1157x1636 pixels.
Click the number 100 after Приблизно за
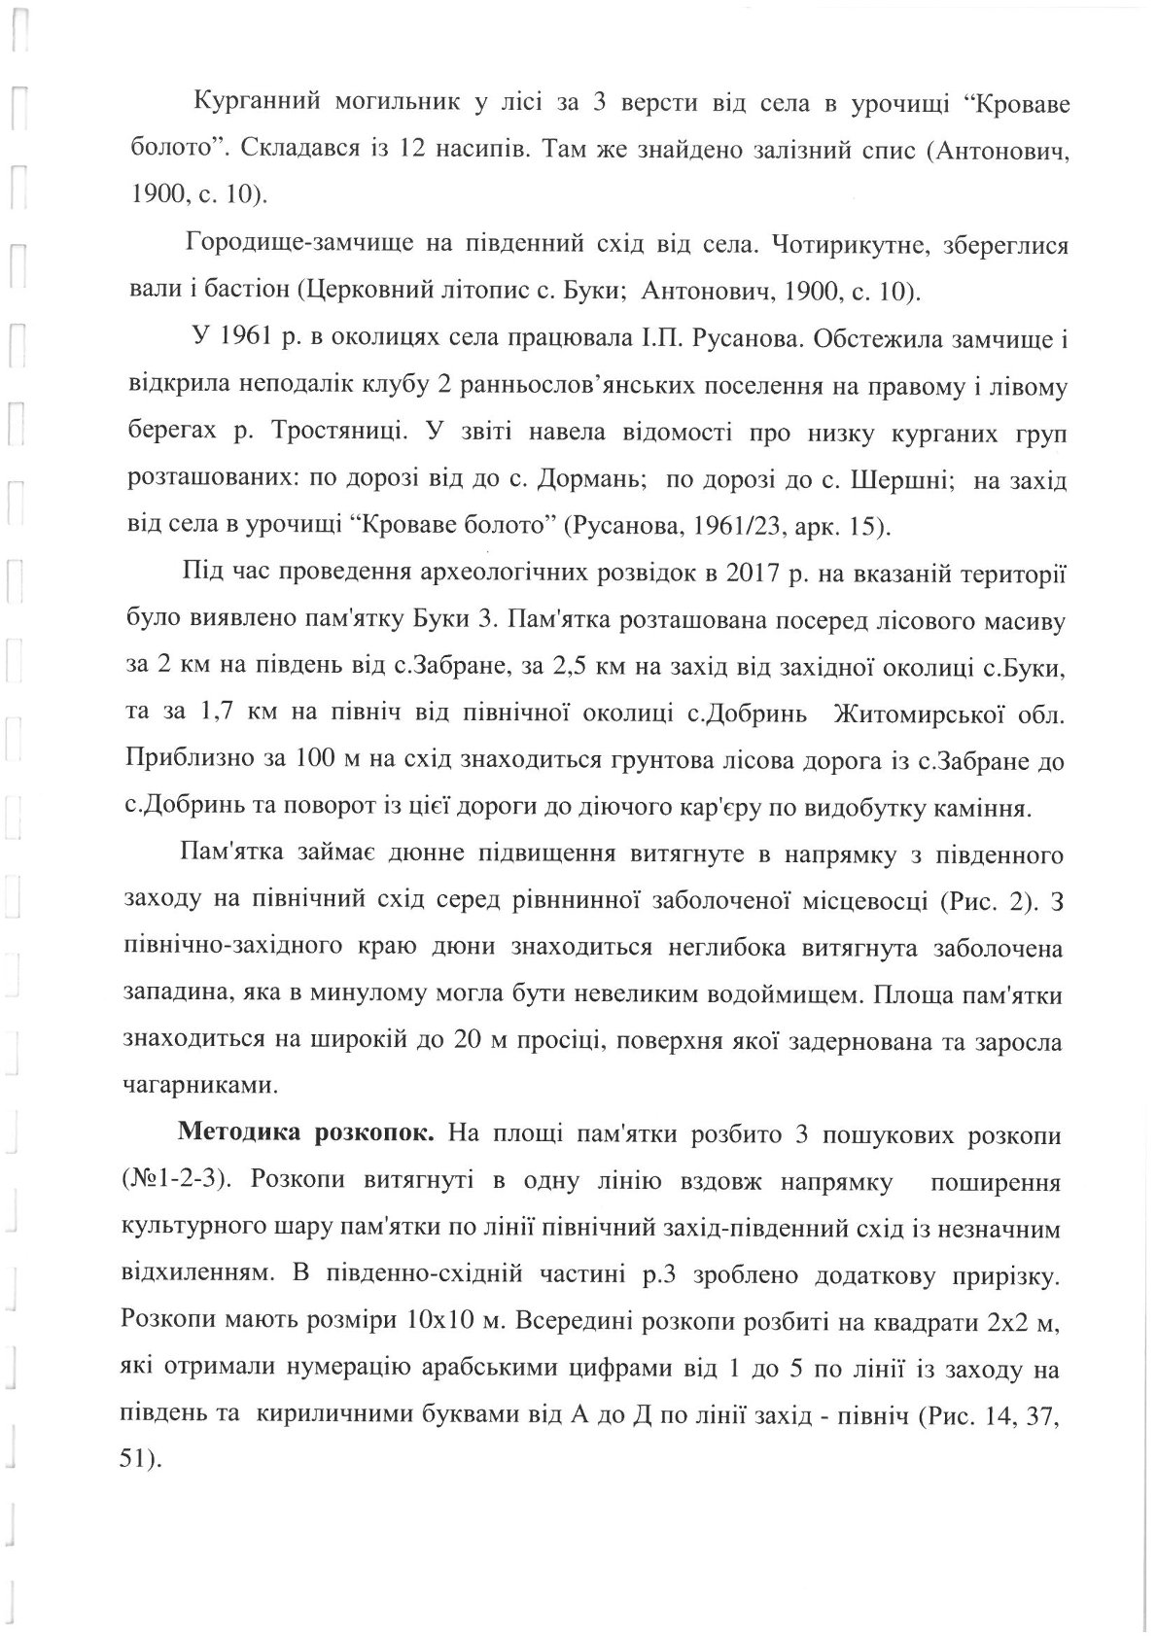coord(351,759)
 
